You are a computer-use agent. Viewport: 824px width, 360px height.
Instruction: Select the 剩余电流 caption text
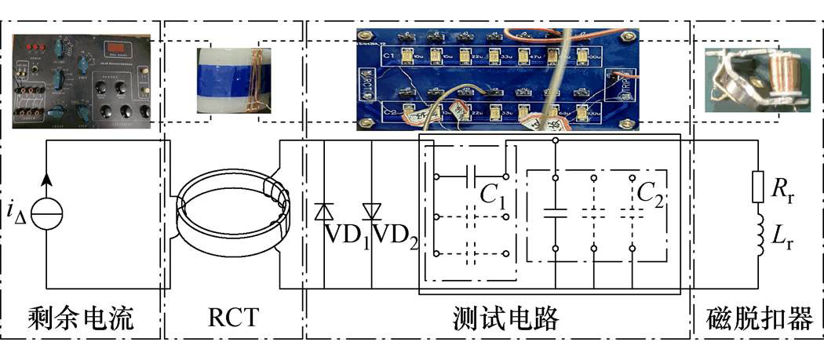[x=78, y=318]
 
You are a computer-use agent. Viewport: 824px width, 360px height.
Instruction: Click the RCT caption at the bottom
[x=232, y=318]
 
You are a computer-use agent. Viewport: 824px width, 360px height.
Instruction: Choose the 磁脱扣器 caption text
[x=758, y=318]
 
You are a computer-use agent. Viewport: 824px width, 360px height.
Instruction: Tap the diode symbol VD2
[x=371, y=212]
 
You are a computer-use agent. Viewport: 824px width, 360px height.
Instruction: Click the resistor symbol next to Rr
[x=758, y=187]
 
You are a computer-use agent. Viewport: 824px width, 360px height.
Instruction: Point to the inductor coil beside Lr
[x=758, y=236]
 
